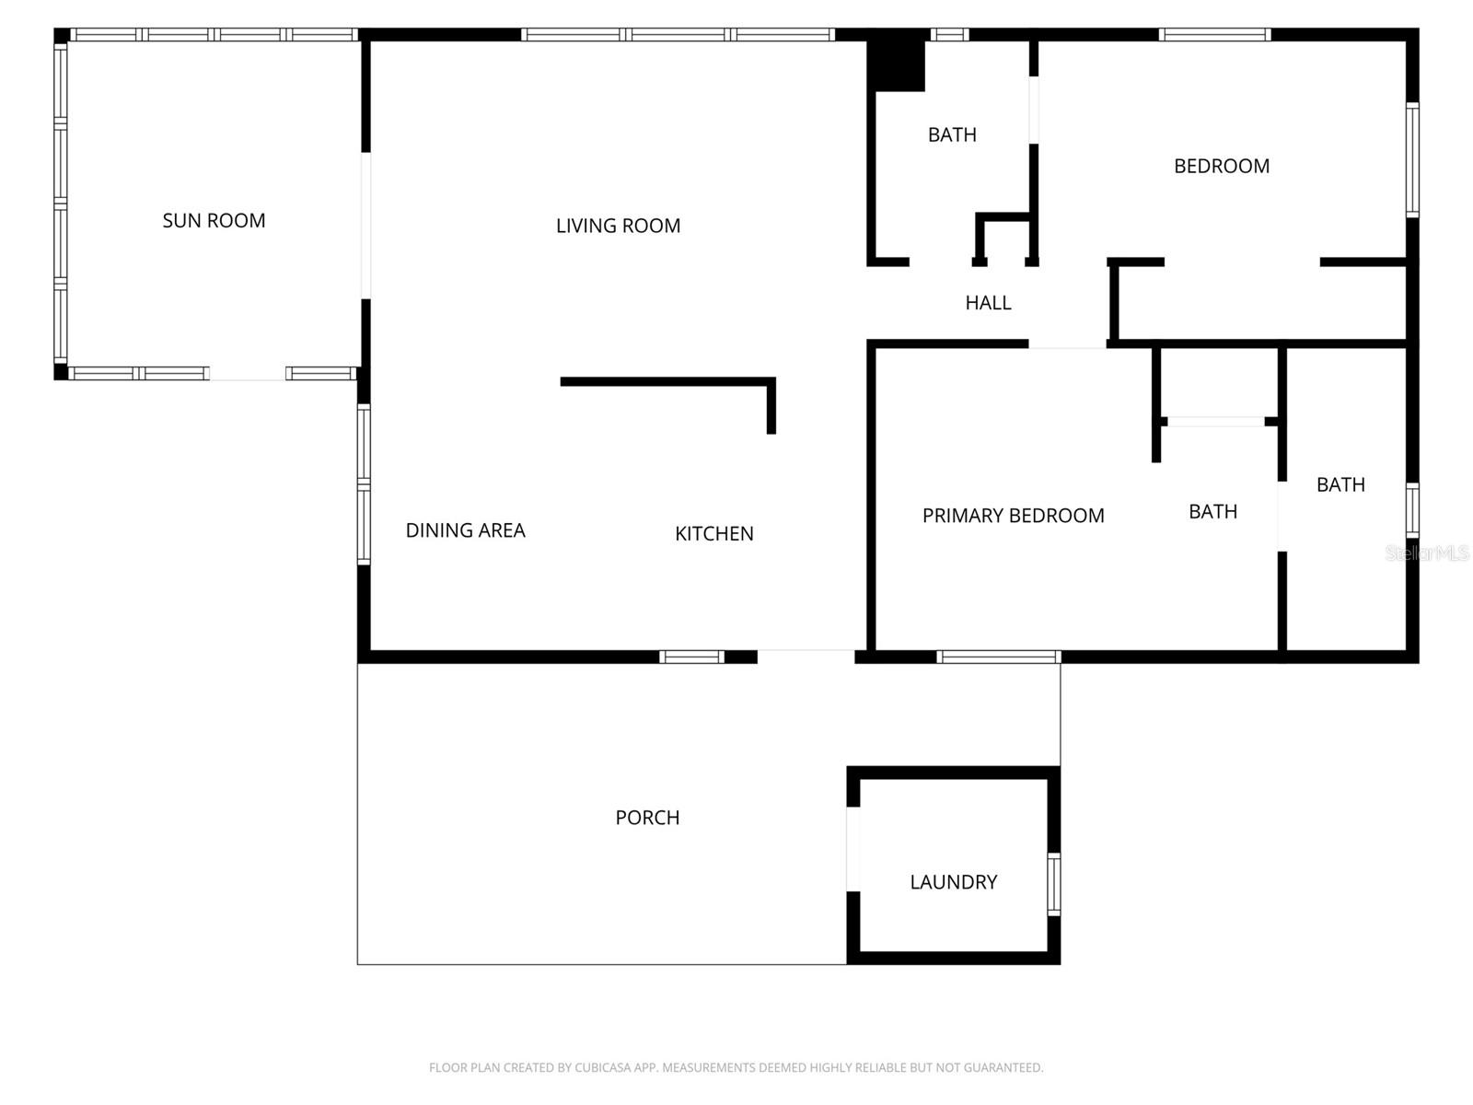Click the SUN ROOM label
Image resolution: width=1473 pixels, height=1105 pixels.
214,221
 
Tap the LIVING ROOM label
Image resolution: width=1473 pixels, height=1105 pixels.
618,226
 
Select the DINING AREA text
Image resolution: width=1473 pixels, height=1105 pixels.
465,530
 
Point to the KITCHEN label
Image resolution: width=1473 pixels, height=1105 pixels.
713,534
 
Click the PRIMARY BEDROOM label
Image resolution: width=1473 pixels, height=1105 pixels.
1013,516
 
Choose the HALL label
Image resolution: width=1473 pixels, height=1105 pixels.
988,303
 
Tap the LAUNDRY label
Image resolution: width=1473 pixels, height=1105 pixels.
953,882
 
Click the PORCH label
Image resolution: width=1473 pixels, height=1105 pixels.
647,818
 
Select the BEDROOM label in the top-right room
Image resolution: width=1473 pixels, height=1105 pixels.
1221,167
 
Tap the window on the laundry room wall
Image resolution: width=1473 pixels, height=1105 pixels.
1053,884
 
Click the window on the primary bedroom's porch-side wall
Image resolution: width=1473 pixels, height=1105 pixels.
999,657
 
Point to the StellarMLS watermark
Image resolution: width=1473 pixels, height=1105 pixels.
1426,552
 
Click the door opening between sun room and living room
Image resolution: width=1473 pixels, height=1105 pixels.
365,226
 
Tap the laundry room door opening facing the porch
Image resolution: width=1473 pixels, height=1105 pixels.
853,849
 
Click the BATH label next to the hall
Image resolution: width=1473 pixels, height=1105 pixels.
952,135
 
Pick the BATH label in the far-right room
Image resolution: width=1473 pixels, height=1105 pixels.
1340,485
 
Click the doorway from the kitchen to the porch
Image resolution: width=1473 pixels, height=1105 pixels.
806,657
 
